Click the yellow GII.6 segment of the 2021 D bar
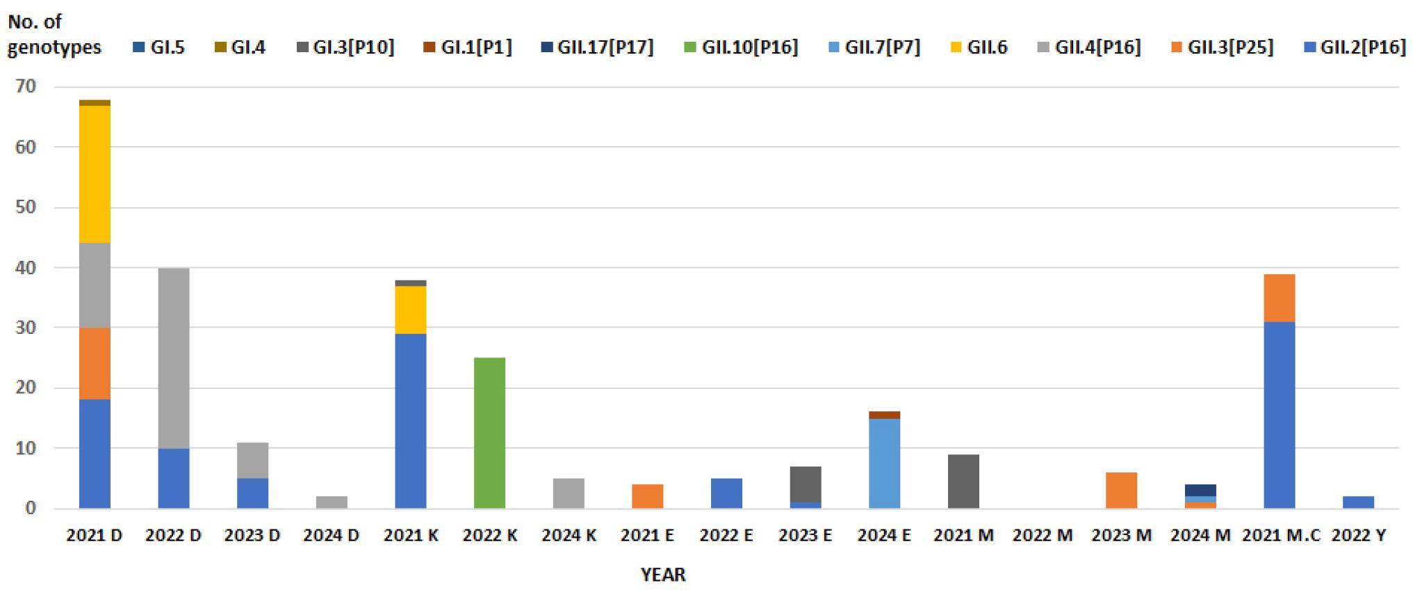pyautogui.click(x=95, y=174)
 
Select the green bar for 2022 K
pyautogui.click(x=489, y=433)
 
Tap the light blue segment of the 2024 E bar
pyautogui.click(x=884, y=463)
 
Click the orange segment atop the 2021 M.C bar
pyautogui.click(x=1279, y=298)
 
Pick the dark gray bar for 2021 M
pyautogui.click(x=963, y=481)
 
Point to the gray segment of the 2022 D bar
pyautogui.click(x=174, y=358)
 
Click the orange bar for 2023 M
pyautogui.click(x=1121, y=490)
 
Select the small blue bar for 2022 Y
pyautogui.click(x=1358, y=502)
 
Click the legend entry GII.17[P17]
pyautogui.click(x=605, y=47)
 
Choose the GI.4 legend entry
pyautogui.click(x=247, y=47)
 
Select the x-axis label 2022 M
pyautogui.click(x=1042, y=536)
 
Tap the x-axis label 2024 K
pyautogui.click(x=569, y=536)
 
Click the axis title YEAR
pyautogui.click(x=663, y=575)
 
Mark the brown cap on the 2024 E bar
pyautogui.click(x=884, y=415)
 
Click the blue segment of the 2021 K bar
pyautogui.click(x=411, y=421)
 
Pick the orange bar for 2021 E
pyautogui.click(x=647, y=496)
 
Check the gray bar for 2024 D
pyautogui.click(x=332, y=502)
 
